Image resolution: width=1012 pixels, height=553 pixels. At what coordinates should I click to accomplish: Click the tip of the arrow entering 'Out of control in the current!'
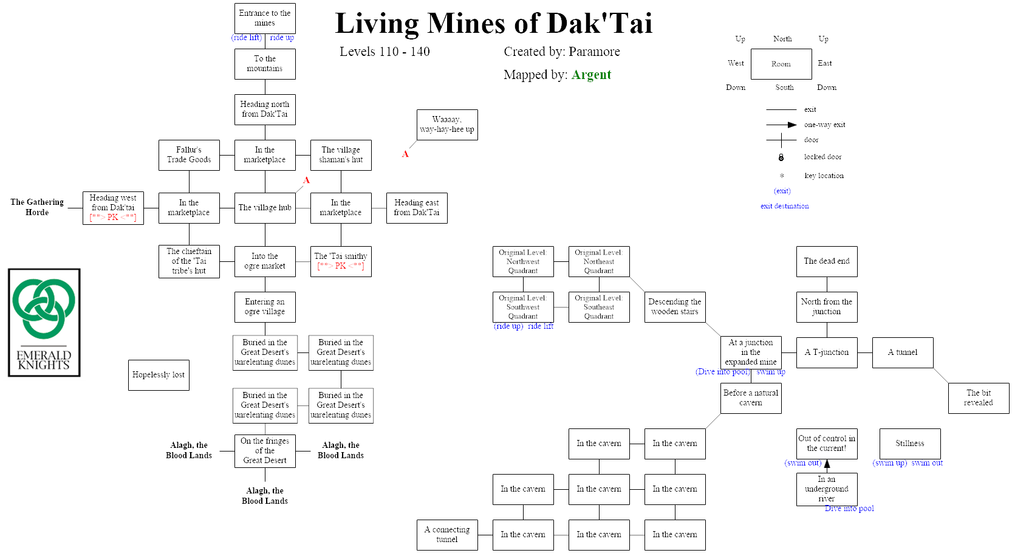click(827, 459)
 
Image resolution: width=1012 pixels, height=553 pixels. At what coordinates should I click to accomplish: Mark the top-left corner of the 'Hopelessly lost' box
click(128, 360)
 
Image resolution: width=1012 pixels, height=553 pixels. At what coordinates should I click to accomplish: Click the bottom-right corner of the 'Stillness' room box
click(940, 459)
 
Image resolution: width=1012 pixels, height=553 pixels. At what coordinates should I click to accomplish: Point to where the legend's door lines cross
click(781, 140)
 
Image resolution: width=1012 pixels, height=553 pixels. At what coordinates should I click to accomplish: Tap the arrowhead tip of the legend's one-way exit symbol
click(796, 125)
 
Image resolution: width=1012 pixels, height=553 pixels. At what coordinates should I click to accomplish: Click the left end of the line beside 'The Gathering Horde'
click(68, 208)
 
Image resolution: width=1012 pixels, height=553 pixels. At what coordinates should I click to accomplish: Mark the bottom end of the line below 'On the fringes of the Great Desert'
click(265, 482)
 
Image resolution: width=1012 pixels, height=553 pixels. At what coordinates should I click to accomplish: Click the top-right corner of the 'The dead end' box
click(857, 246)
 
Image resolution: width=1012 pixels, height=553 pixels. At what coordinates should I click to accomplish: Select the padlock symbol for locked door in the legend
click(781, 157)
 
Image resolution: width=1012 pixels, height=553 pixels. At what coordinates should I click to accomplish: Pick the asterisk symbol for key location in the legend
click(782, 176)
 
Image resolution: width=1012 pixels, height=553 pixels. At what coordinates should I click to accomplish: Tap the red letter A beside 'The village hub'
click(306, 180)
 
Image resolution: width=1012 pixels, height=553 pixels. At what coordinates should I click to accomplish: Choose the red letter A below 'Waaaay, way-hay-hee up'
click(405, 154)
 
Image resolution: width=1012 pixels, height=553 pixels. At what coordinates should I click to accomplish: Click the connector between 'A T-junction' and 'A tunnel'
click(865, 352)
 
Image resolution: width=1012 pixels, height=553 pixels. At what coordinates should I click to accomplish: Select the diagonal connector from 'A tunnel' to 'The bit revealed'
click(940, 376)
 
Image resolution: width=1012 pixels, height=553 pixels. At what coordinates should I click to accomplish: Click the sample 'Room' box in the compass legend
click(781, 64)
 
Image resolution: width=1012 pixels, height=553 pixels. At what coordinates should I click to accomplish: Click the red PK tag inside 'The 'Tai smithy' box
click(341, 266)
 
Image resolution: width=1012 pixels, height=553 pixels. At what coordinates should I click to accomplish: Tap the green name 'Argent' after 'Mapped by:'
click(591, 75)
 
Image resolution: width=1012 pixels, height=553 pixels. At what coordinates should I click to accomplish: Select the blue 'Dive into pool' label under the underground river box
click(849, 508)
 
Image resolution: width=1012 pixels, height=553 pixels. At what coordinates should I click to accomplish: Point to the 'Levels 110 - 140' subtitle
click(385, 52)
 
